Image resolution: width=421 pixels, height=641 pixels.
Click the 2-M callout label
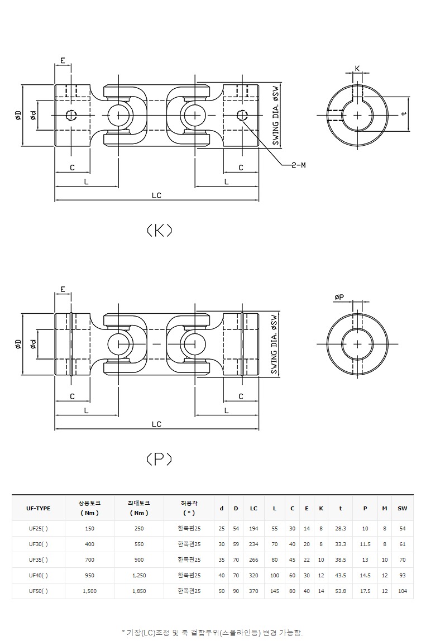(x=299, y=165)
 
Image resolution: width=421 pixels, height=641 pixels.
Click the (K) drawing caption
(x=159, y=230)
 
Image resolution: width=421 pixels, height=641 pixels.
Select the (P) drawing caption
(x=159, y=459)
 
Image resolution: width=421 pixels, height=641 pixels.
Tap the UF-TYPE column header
(x=38, y=508)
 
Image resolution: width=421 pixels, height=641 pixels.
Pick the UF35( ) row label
(x=38, y=559)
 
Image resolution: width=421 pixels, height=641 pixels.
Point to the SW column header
(x=402, y=508)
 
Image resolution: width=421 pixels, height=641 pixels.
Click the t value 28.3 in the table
(x=341, y=528)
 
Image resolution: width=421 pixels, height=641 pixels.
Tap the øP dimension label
(x=339, y=298)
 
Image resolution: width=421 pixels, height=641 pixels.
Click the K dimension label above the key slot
(x=357, y=69)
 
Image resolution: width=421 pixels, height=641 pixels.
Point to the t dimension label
(x=403, y=114)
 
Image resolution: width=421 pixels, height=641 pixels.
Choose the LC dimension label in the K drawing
(x=156, y=195)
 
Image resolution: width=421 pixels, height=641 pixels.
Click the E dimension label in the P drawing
(x=63, y=289)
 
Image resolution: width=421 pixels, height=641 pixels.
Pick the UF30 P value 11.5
(x=365, y=544)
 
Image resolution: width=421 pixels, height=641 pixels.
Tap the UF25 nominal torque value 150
(x=89, y=528)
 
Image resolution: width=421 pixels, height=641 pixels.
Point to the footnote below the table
(x=212, y=632)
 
